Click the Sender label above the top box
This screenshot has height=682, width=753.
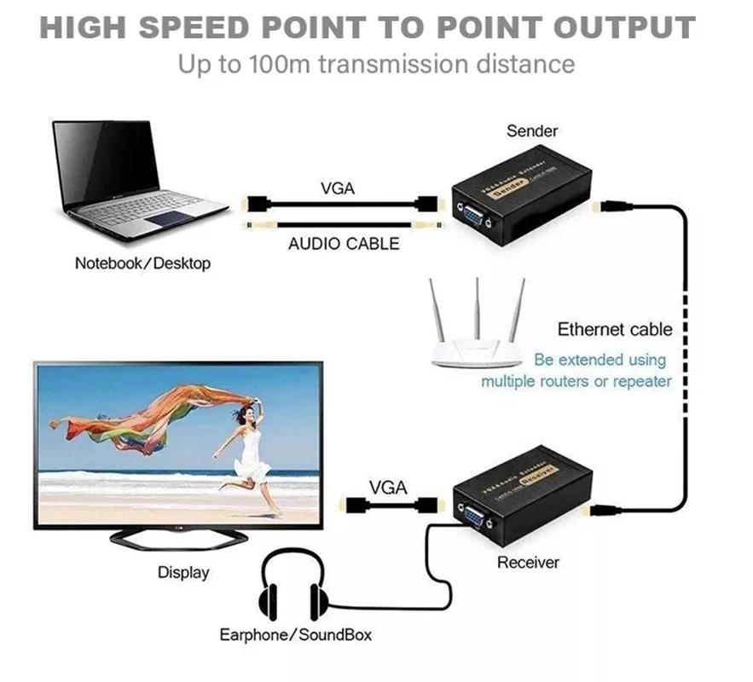point(531,130)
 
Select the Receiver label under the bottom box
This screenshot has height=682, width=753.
point(528,563)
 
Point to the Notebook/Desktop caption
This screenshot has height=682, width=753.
point(142,263)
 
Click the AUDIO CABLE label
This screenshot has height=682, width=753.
point(343,244)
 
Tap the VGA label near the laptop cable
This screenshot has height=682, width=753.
point(338,188)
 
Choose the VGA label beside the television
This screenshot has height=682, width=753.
point(388,488)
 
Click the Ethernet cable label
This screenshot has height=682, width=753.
point(615,329)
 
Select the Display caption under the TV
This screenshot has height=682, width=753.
point(183,572)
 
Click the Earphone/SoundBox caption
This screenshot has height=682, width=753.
point(295,635)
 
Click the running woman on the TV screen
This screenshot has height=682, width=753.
point(247,452)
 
